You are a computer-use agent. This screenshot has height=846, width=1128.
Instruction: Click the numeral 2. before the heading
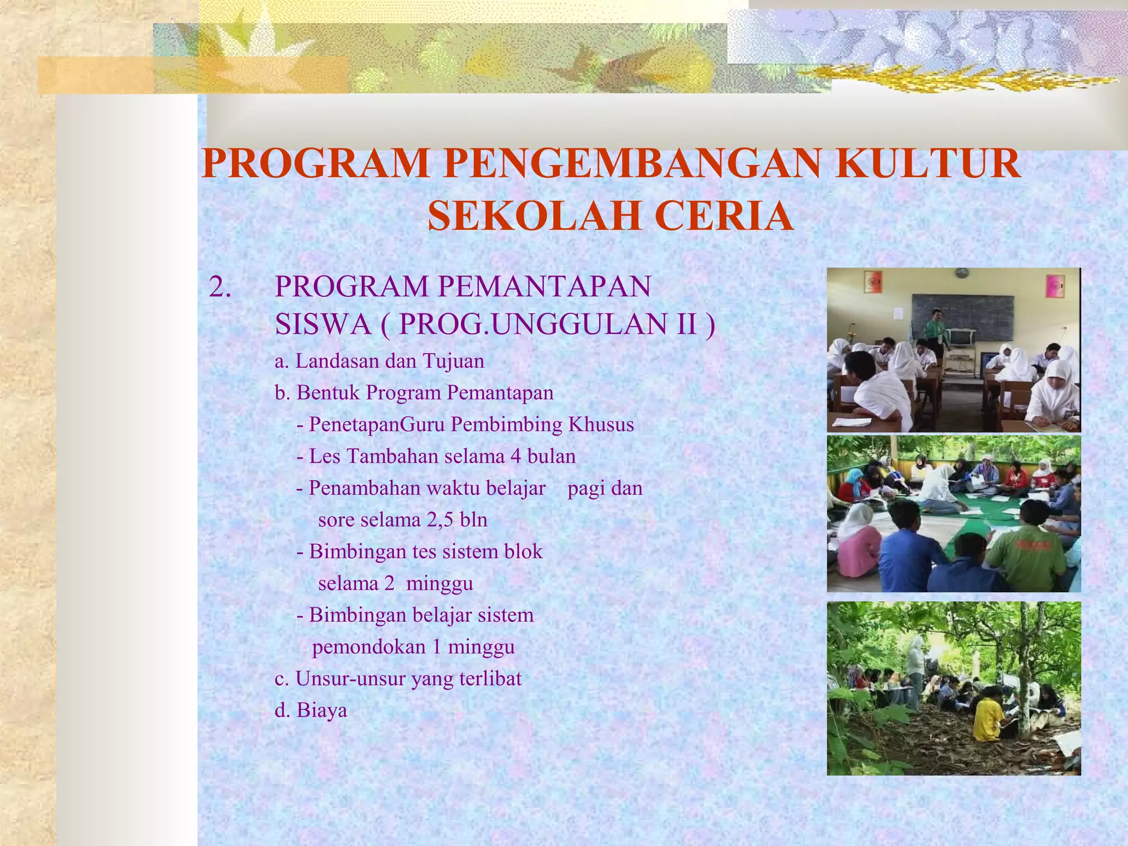[x=220, y=287]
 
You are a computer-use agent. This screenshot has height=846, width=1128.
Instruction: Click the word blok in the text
[x=523, y=551]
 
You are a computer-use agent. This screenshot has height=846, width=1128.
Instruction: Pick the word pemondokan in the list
[x=368, y=647]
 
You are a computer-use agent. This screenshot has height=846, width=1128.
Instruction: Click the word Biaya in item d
[x=322, y=711]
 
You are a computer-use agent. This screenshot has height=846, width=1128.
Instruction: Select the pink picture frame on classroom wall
[x=1055, y=286]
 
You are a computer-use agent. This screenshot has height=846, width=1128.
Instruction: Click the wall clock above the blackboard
[x=961, y=273]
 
